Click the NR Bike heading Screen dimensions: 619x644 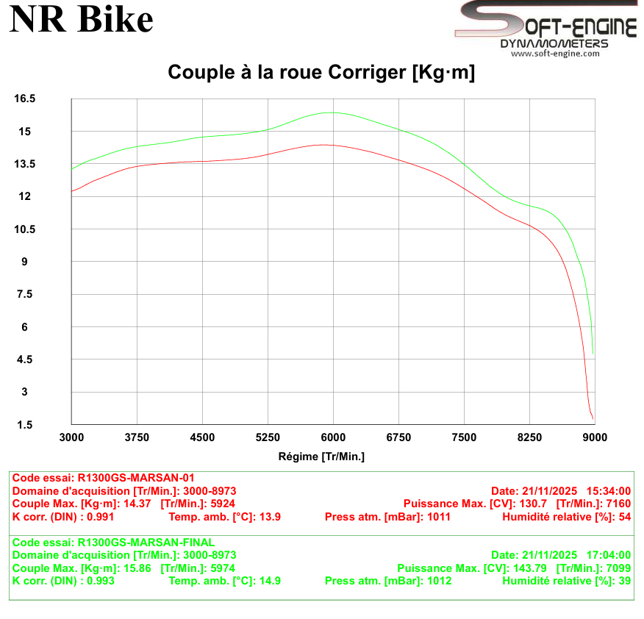point(81,21)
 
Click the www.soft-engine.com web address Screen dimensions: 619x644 point(555,53)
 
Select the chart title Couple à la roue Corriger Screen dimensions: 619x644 point(321,72)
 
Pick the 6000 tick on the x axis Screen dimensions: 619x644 point(333,437)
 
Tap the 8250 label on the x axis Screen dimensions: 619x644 point(529,437)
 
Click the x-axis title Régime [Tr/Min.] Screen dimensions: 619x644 point(321,457)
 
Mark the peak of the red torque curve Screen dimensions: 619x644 point(323,145)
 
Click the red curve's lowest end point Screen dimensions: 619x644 point(593,419)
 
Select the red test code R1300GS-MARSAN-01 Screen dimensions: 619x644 point(135,477)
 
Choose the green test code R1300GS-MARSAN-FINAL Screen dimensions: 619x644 point(146,543)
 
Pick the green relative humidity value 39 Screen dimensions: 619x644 point(625,581)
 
